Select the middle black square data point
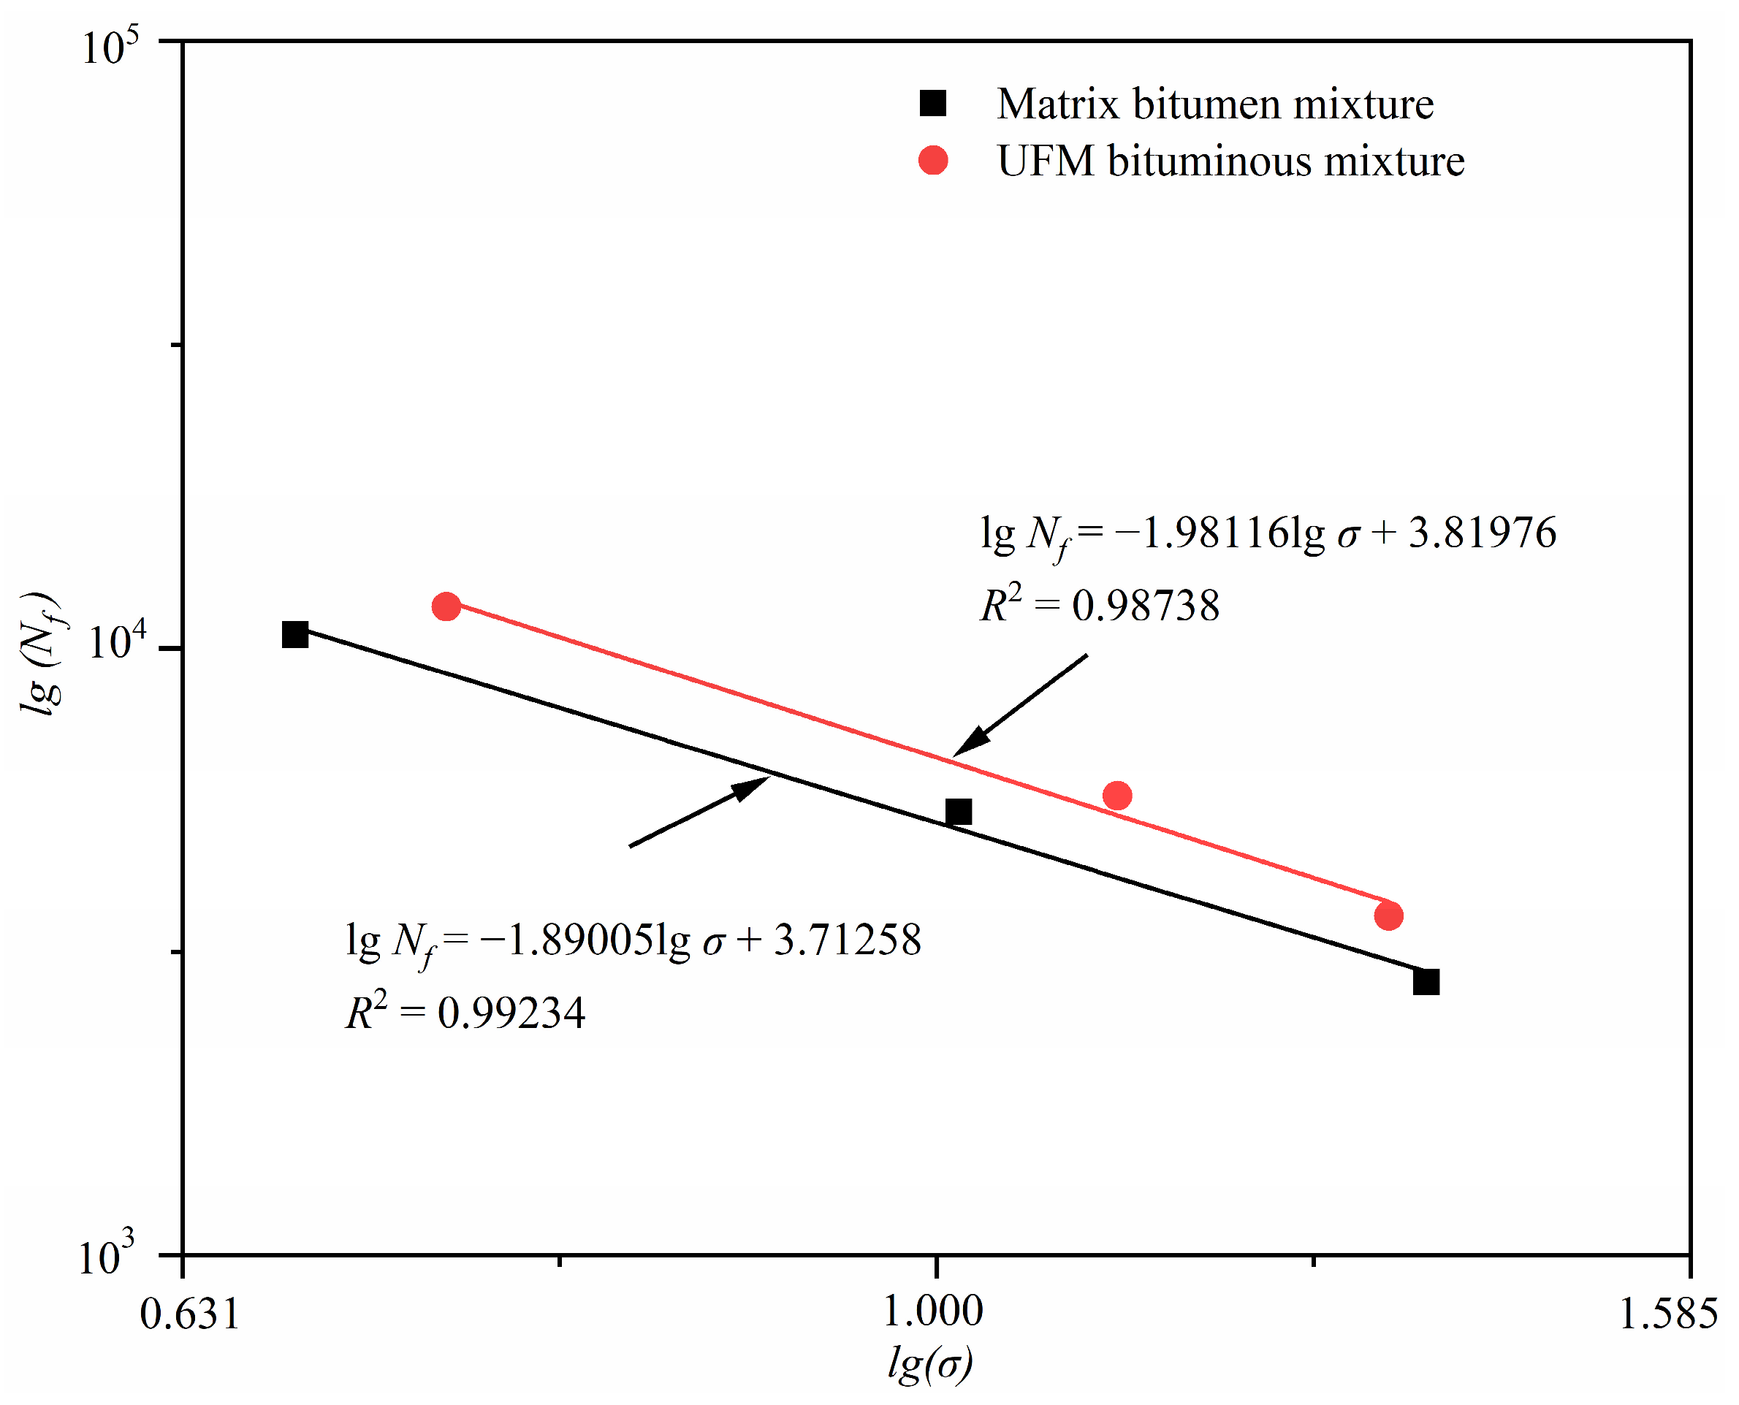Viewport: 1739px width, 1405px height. (958, 811)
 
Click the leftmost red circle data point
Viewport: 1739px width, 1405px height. (446, 606)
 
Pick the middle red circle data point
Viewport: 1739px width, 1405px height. (1116, 796)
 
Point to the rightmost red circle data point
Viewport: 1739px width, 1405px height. (1388, 916)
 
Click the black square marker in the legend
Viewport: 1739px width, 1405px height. (932, 104)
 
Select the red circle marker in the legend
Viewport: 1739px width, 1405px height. (932, 160)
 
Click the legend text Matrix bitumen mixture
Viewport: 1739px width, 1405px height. (1214, 104)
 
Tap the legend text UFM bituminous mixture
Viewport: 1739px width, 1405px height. (1230, 161)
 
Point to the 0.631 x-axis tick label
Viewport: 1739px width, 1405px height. (189, 1313)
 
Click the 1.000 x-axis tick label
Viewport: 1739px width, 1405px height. (932, 1311)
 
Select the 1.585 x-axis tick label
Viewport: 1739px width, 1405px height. (1667, 1313)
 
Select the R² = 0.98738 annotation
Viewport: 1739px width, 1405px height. (1099, 604)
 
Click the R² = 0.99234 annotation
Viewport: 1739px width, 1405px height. (465, 1012)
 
